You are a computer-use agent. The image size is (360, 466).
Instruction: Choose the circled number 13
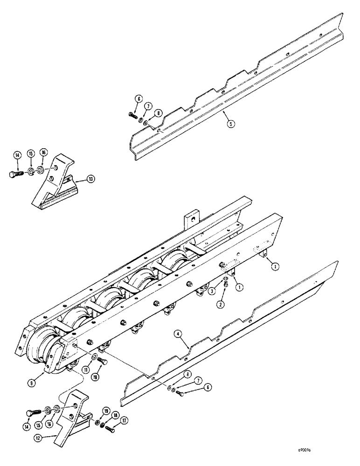pos(90,178)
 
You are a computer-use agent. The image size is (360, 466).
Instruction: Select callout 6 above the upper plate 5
pos(138,99)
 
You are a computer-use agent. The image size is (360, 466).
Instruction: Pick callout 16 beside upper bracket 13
pos(43,152)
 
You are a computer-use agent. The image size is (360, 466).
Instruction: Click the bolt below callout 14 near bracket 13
pos(14,175)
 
